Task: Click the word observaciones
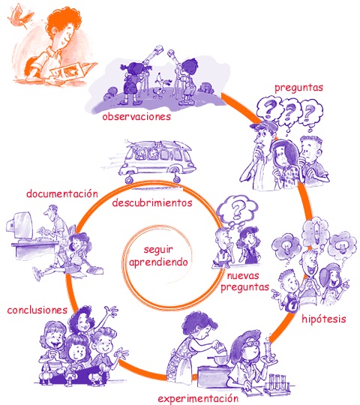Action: pyautogui.click(x=136, y=117)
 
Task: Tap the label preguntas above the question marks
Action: pyautogui.click(x=298, y=88)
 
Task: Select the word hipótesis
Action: pyautogui.click(x=323, y=319)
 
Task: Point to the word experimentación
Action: pyautogui.click(x=198, y=398)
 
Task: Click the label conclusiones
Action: pyautogui.click(x=37, y=310)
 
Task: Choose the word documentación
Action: pyautogui.click(x=62, y=193)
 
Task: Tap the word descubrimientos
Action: pyautogui.click(x=152, y=202)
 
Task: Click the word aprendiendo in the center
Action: pyautogui.click(x=158, y=262)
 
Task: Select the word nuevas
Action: pyautogui.click(x=243, y=276)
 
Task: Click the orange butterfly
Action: pyautogui.click(x=20, y=16)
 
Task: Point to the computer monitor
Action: pyautogui.click(x=21, y=226)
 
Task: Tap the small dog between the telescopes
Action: pyautogui.click(x=162, y=85)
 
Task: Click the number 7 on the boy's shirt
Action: pyautogui.click(x=293, y=305)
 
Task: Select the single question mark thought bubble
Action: pyautogui.click(x=236, y=210)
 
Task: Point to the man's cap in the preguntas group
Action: pyautogui.click(x=264, y=126)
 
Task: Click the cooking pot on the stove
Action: pyautogui.click(x=219, y=360)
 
